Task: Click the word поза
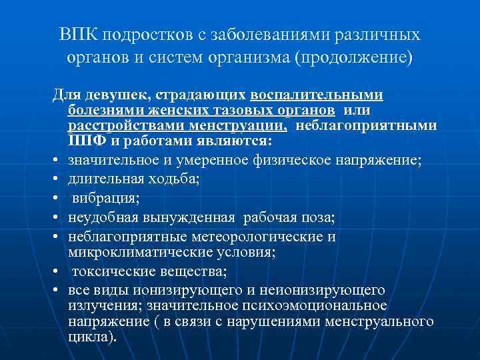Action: (319, 218)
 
